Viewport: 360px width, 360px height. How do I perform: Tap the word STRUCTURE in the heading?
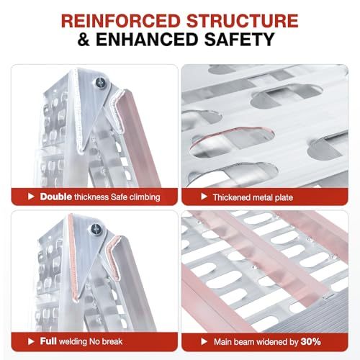pyautogui.click(x=243, y=21)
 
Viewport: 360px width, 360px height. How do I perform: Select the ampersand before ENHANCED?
pyautogui.click(x=84, y=39)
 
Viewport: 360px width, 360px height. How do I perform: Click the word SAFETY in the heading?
pyautogui.click(x=239, y=39)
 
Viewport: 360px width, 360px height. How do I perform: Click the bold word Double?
pyautogui.click(x=56, y=197)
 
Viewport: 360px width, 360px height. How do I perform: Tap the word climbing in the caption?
pyautogui.click(x=145, y=197)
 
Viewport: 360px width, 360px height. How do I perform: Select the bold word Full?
pyautogui.click(x=48, y=341)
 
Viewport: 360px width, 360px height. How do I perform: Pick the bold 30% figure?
pyautogui.click(x=310, y=341)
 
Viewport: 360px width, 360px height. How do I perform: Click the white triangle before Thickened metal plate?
pyautogui.click(x=204, y=197)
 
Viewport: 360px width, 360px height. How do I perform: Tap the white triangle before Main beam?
pyautogui.click(x=204, y=341)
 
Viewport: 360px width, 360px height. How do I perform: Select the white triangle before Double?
pyautogui.click(x=31, y=197)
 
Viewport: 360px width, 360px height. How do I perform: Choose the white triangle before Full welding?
pyautogui.click(x=31, y=341)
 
